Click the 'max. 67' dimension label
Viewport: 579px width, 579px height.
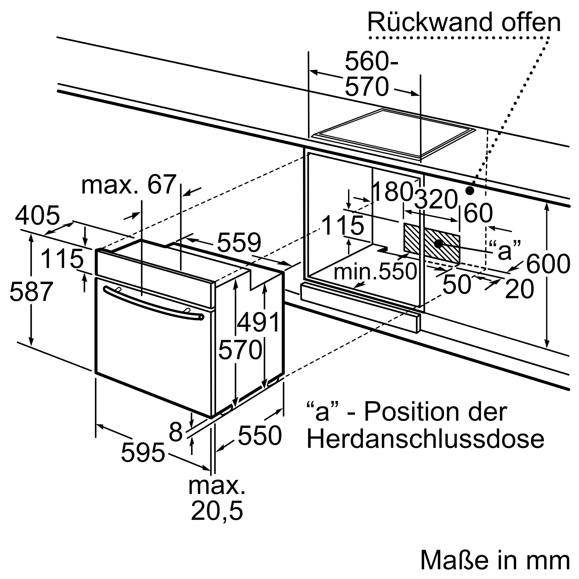129,185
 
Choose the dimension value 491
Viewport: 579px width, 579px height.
258,323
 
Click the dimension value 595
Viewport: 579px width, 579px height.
143,452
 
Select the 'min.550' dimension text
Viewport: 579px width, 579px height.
375,272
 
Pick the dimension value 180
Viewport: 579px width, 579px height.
392,192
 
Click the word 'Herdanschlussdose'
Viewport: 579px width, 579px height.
425,440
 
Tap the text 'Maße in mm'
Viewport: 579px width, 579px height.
495,560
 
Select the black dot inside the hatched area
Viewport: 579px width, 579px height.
438,244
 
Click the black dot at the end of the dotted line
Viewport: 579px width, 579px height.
470,190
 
